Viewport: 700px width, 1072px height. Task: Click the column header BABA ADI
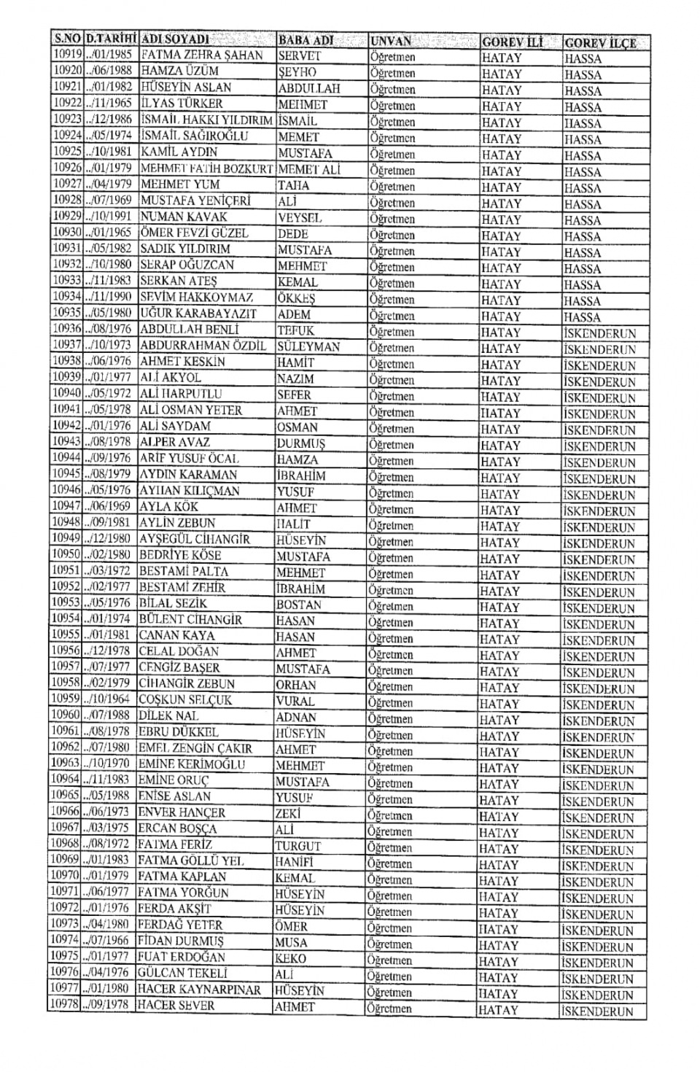point(306,39)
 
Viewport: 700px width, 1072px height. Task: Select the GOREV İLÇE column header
point(600,42)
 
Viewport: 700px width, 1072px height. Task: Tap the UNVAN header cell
point(391,41)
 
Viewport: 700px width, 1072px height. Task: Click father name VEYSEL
point(300,217)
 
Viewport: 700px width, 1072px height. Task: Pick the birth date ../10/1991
point(109,217)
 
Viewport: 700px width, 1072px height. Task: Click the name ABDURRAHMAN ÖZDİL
point(203,346)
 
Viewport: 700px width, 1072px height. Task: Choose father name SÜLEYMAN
point(308,346)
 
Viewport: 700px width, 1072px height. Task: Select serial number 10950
point(66,555)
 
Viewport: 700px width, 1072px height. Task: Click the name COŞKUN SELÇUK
point(185,699)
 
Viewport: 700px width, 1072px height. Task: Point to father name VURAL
point(295,701)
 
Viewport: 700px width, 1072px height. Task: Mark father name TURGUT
point(297,846)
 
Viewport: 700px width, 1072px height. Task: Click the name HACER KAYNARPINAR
point(199,990)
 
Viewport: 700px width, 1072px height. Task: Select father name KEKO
point(290,958)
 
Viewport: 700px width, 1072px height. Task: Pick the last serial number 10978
point(63,1005)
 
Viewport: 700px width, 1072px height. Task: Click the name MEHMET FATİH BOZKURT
point(206,168)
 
